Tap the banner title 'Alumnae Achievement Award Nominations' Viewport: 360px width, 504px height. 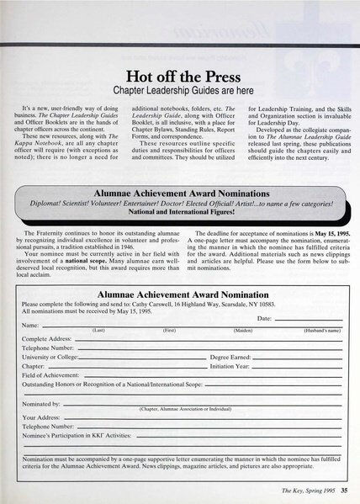point(180,192)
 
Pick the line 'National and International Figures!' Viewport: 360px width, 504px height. point(179,212)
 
